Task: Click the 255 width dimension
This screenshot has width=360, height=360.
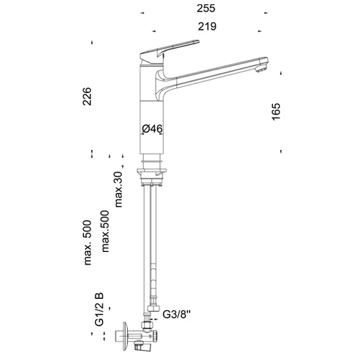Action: tap(206, 8)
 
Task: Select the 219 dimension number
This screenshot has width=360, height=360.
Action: tap(207, 26)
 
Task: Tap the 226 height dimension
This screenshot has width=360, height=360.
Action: tap(87, 96)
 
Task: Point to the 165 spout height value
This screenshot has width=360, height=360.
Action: tap(276, 112)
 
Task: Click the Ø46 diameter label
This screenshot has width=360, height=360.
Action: tap(152, 128)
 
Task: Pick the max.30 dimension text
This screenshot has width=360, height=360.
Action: tap(119, 190)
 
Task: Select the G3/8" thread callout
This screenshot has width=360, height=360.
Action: tap(176, 314)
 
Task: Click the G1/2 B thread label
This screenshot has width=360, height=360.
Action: tap(99, 309)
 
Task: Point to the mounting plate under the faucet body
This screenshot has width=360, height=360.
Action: tap(152, 171)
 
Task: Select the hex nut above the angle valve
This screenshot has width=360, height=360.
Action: tap(147, 325)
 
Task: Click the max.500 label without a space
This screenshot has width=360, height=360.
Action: tap(105, 231)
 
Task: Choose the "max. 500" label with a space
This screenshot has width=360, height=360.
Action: tap(88, 242)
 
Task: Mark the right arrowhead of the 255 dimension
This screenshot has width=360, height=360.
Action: tap(266, 13)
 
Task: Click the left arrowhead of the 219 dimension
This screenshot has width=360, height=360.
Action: tap(154, 31)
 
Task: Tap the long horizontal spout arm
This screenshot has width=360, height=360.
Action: tap(216, 73)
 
